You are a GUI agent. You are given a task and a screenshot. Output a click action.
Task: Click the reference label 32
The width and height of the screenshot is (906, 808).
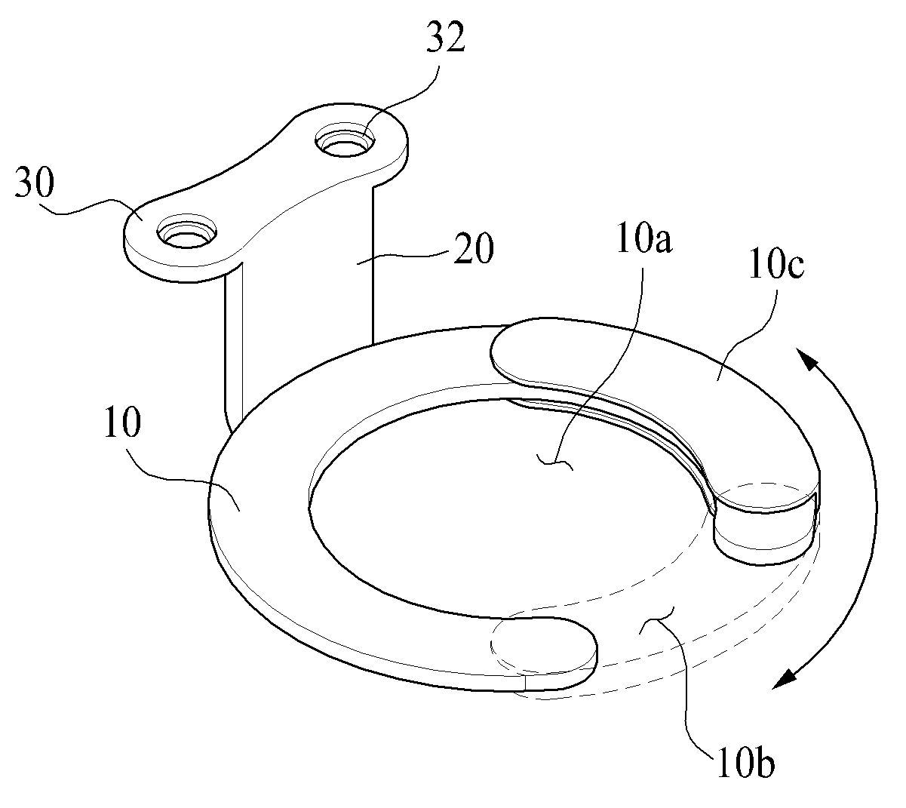445,37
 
